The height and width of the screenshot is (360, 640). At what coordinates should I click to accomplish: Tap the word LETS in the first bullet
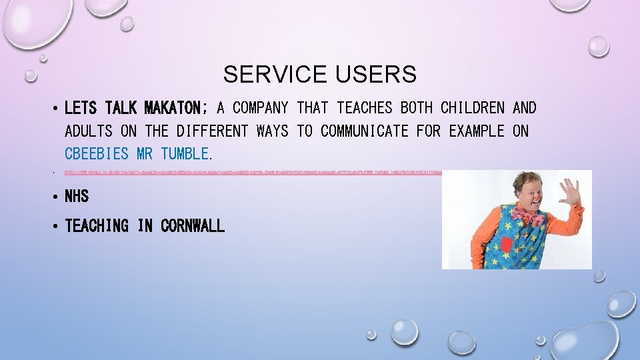pos(81,108)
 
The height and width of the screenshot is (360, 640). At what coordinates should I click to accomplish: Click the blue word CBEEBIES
pos(97,154)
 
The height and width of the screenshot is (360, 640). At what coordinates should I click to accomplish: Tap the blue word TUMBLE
pos(185,154)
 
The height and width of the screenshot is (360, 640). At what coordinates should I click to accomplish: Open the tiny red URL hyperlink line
pos(253,172)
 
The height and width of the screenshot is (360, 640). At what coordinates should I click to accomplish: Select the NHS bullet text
pos(77,197)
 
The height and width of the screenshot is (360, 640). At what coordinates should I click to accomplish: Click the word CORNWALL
pos(193,227)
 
